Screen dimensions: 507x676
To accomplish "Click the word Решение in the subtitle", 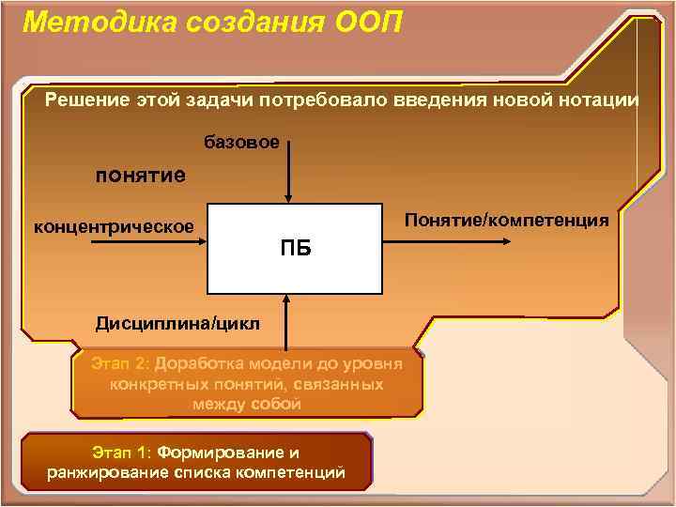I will click(x=87, y=100).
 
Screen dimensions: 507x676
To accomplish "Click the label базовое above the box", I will click(x=242, y=143).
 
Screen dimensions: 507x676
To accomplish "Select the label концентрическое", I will click(x=114, y=226).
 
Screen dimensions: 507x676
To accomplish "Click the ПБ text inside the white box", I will click(x=295, y=249).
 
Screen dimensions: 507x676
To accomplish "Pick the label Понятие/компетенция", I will click(x=506, y=220).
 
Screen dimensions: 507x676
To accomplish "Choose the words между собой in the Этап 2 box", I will click(x=247, y=404).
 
